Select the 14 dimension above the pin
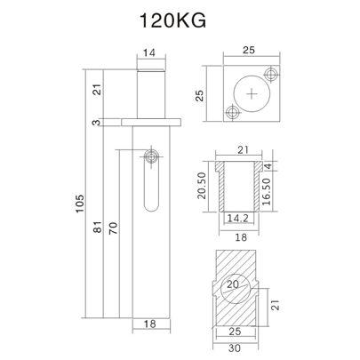(x=149, y=54)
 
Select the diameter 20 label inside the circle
(x=233, y=284)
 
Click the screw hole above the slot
(x=153, y=156)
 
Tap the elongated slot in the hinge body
(x=152, y=191)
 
